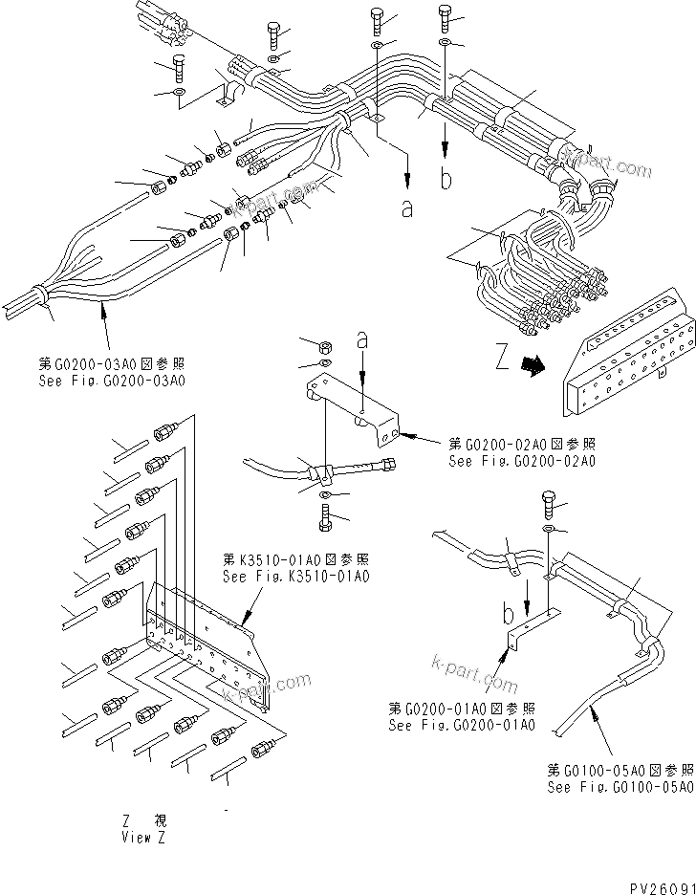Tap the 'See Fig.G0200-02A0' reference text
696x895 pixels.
click(x=522, y=460)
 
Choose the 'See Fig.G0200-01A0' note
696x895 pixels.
click(x=462, y=725)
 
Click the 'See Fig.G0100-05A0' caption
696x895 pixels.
click(x=620, y=787)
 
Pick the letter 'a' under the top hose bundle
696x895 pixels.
click(x=408, y=208)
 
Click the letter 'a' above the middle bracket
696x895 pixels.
click(x=361, y=338)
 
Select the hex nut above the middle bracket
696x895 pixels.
click(x=325, y=345)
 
